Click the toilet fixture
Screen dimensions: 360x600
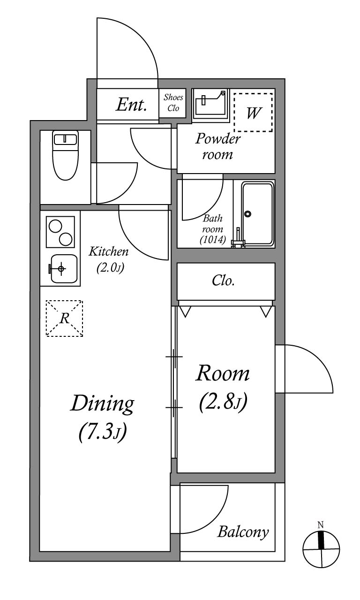(x=65, y=155)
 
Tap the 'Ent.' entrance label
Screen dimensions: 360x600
(x=131, y=105)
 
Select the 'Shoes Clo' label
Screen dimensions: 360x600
(x=173, y=102)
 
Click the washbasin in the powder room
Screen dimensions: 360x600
(x=210, y=105)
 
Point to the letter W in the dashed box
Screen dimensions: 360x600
(x=253, y=113)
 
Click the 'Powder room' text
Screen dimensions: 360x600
(x=217, y=146)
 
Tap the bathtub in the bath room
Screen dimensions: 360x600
(x=257, y=214)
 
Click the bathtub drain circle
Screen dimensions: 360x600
(x=247, y=214)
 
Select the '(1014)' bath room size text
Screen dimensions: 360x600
(x=213, y=239)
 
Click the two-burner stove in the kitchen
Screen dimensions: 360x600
(x=60, y=232)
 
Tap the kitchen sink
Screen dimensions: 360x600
(x=64, y=269)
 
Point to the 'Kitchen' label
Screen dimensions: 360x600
(x=108, y=251)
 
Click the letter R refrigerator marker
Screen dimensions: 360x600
(x=65, y=319)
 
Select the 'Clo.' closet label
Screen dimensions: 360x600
(x=223, y=281)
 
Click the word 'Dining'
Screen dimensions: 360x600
(x=102, y=404)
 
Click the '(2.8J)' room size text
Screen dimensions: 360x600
(x=223, y=403)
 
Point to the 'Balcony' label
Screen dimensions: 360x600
(x=243, y=532)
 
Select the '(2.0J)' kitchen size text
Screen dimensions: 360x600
(x=110, y=267)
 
